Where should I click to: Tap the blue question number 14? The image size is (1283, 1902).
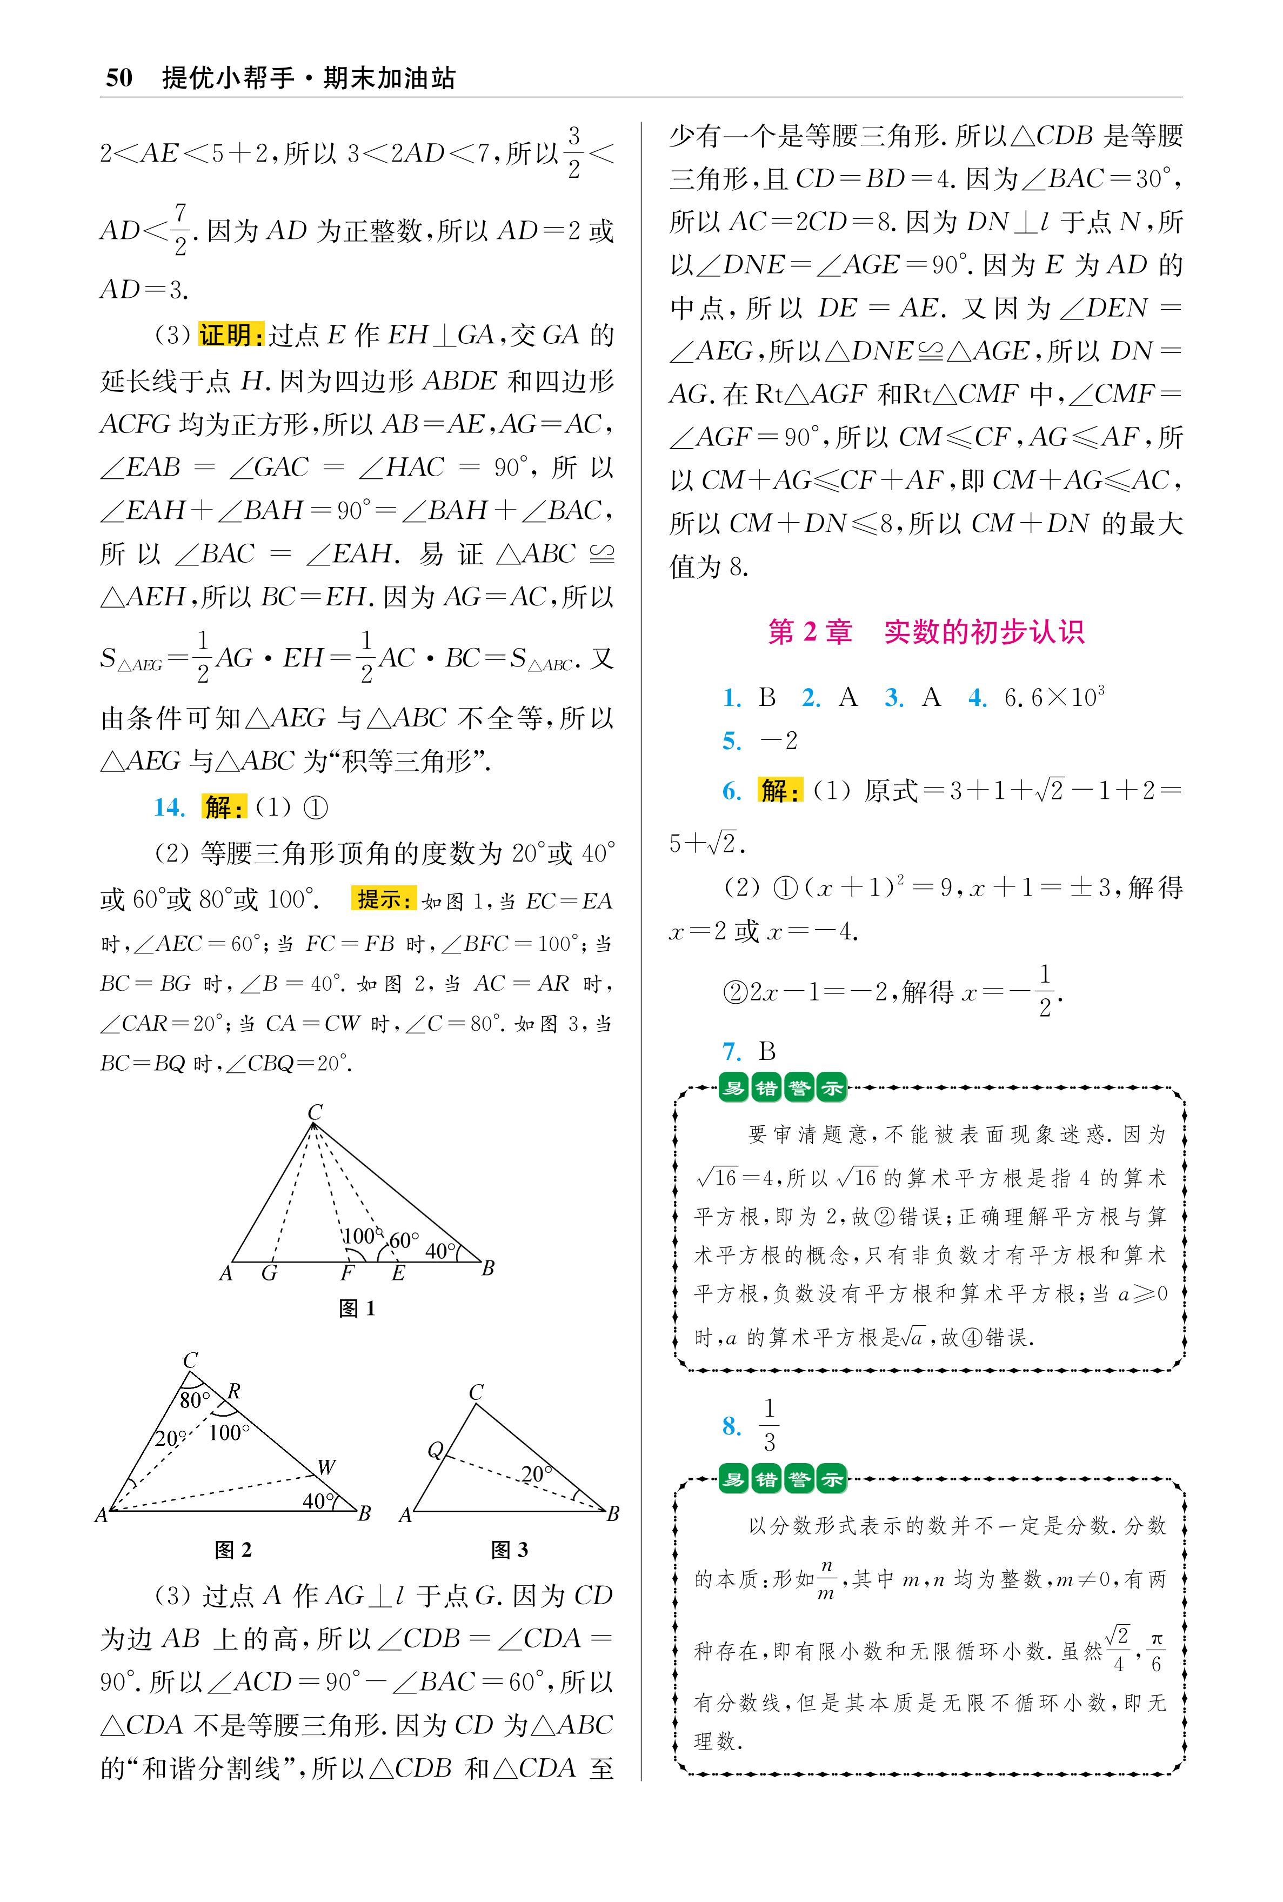coord(169,807)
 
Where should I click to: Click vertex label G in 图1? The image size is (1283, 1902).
coord(269,1273)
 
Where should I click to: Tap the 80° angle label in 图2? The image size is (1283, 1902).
coord(195,1400)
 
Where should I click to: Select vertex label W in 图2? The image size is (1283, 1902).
coord(326,1467)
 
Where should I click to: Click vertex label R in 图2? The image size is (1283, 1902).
coord(234,1391)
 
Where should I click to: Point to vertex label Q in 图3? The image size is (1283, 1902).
coord(435,1451)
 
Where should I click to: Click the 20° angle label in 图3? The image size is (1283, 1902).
coord(537,1474)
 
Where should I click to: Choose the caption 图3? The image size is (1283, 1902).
coord(509,1550)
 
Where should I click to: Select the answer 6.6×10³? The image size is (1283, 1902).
coord(1054,697)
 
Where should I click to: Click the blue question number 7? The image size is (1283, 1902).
coord(732,1051)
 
